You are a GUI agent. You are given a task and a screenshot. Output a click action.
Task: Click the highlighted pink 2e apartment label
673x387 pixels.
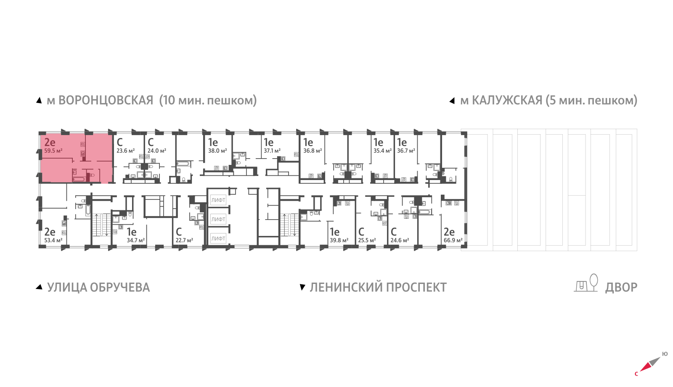click(50, 142)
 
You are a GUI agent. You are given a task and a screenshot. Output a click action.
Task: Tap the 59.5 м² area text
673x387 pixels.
click(53, 151)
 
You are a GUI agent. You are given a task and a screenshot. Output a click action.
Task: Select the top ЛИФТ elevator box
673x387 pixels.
click(218, 200)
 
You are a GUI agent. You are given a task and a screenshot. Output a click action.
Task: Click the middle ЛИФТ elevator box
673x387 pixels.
click(218, 219)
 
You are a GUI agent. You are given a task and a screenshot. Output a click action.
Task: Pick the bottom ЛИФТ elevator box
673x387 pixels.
click(218, 239)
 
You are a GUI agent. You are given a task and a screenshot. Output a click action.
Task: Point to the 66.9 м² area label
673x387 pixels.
click(453, 240)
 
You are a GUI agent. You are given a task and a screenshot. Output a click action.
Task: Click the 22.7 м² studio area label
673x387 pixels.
click(184, 240)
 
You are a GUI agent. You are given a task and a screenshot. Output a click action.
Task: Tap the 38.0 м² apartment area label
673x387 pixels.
click(217, 151)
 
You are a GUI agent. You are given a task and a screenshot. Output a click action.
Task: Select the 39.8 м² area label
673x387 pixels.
click(339, 240)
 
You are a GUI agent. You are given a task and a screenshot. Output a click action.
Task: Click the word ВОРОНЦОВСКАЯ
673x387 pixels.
click(106, 101)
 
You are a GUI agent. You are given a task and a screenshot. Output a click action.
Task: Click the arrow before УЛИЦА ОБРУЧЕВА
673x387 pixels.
click(39, 287)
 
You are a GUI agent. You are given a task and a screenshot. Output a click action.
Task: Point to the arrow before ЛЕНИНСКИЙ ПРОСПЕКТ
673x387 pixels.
click(302, 287)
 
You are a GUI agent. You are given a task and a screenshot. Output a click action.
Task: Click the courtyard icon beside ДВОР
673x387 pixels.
click(586, 284)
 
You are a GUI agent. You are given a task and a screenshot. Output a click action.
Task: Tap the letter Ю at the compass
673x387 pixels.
click(665, 354)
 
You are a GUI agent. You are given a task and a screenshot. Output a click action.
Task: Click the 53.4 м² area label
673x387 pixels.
click(53, 240)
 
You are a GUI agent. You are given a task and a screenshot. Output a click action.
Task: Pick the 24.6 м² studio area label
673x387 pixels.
click(400, 240)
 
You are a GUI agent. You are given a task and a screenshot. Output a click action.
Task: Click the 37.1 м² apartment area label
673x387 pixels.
click(272, 151)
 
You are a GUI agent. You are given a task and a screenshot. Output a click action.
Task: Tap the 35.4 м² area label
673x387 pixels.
click(382, 151)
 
